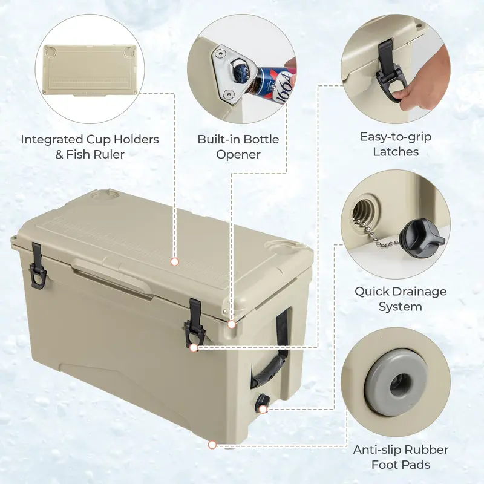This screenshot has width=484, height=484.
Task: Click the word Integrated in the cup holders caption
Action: point(52,140)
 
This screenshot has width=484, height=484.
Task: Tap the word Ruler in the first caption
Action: point(109,154)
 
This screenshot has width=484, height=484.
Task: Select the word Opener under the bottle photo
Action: point(238,154)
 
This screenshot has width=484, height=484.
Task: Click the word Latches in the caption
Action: point(396,152)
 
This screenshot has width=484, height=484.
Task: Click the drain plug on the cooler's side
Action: point(262,403)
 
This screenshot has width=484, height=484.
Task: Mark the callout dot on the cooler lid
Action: point(175,262)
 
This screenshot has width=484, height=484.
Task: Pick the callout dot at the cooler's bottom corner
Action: point(212,445)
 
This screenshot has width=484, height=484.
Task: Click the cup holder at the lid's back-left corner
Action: point(104,195)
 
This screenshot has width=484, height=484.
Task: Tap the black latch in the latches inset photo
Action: point(388,70)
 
